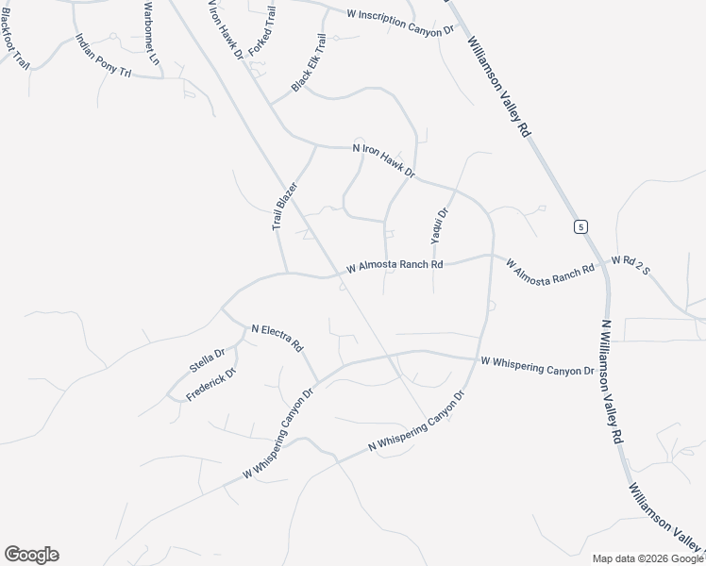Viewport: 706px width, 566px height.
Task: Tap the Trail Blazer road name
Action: pyautogui.click(x=284, y=207)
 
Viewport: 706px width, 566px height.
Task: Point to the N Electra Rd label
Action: pyautogui.click(x=276, y=337)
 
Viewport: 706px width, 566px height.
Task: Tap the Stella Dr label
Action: pyautogui.click(x=207, y=360)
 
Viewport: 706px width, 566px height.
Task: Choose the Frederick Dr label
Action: pyautogui.click(x=210, y=385)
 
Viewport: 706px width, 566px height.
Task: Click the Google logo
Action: pyautogui.click(x=31, y=555)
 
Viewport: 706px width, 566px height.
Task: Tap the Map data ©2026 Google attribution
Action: pyautogui.click(x=647, y=558)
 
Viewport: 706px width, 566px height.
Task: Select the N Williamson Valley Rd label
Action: pyautogui.click(x=612, y=381)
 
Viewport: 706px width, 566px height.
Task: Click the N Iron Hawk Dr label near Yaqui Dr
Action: pyautogui.click(x=384, y=160)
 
